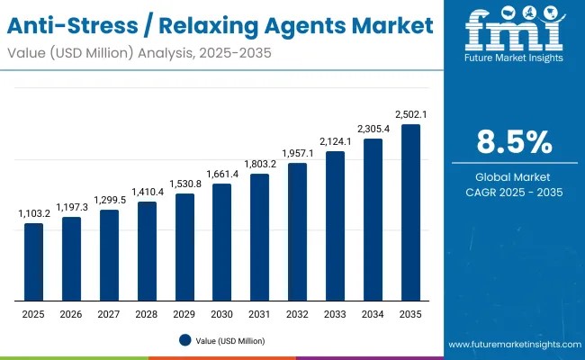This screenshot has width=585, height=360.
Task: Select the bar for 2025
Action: click(33, 262)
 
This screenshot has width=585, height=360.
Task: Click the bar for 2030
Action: click(221, 242)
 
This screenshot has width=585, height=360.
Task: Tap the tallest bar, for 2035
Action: click(410, 212)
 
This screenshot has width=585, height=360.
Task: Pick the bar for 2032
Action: click(297, 231)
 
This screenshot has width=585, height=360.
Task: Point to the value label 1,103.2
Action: click(33, 214)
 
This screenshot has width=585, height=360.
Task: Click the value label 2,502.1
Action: click(410, 114)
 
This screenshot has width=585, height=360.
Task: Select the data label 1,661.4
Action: click(221, 174)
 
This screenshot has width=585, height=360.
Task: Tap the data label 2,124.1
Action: click(335, 141)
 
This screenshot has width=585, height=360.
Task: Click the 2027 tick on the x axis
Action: click(109, 313)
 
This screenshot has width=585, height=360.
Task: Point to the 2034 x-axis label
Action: click(373, 313)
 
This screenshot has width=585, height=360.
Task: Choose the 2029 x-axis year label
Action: click(184, 313)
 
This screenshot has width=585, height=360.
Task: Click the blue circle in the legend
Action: click(184, 340)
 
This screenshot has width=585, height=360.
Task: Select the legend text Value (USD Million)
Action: click(230, 340)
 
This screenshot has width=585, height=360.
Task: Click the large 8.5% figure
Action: click(514, 143)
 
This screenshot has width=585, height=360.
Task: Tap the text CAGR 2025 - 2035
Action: click(514, 192)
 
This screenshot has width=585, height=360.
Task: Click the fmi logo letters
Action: click(513, 34)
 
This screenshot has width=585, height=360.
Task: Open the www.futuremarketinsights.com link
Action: click(513, 346)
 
